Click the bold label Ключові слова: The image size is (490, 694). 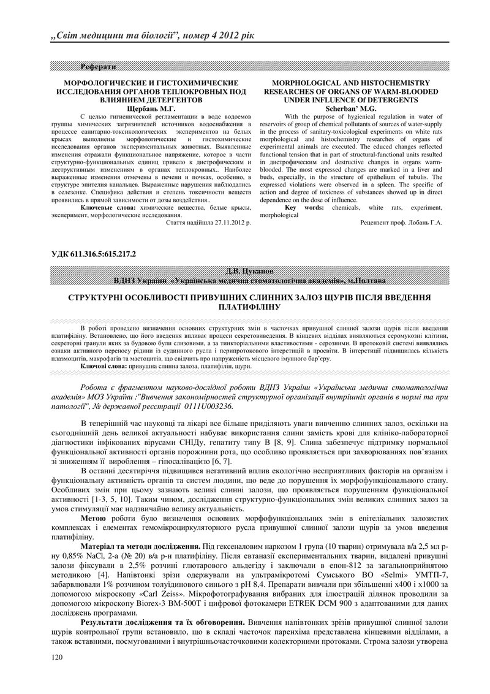(x=103, y=365)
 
